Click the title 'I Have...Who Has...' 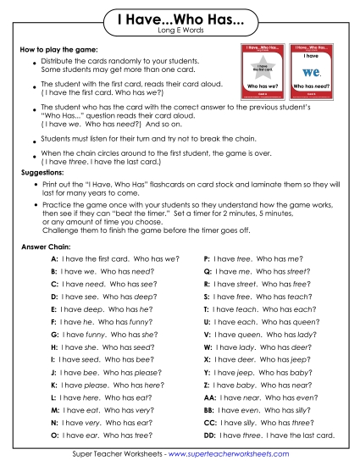pyautogui.click(x=180, y=19)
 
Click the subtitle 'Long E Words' pyautogui.click(x=180, y=32)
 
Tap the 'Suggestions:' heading pyautogui.click(x=42, y=171)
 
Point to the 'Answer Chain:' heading pyautogui.click(x=43, y=247)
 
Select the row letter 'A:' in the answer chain pyautogui.click(x=54, y=258)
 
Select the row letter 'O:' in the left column pyautogui.click(x=54, y=435)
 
